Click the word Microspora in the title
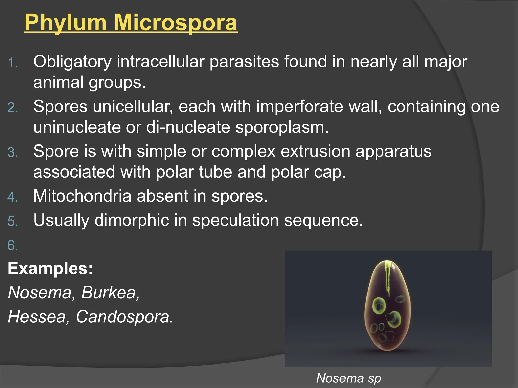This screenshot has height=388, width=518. [176, 23]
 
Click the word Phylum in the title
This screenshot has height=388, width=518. [66, 23]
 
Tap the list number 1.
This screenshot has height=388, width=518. [13, 63]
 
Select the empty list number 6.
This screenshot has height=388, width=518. [13, 246]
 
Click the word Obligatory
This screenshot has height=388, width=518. [72, 62]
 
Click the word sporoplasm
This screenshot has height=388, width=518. [282, 127]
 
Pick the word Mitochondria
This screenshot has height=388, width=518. [82, 196]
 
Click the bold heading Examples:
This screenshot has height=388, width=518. [50, 268]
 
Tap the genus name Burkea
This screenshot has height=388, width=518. [110, 293]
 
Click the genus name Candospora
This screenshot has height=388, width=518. [124, 317]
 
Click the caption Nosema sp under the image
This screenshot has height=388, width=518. [349, 378]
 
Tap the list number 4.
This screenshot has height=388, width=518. [13, 197]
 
